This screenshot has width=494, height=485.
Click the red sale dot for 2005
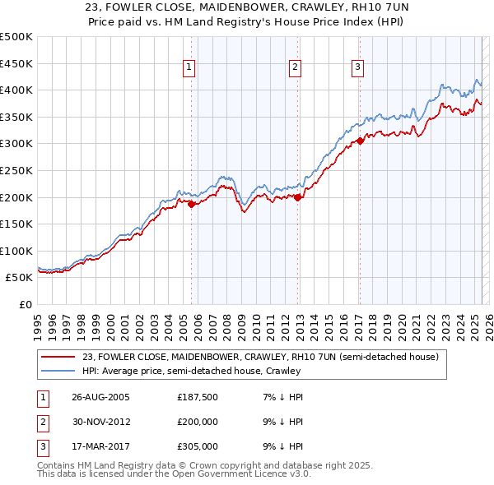point(192,205)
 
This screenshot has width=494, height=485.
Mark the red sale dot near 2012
point(297,197)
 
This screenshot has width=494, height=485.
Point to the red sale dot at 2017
point(360,141)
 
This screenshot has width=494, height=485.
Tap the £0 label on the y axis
point(26,304)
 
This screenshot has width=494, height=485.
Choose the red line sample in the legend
point(58,357)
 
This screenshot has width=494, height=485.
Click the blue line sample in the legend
point(58,371)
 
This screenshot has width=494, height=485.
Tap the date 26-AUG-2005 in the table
point(100,397)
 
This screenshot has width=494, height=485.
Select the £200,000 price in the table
point(197,422)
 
